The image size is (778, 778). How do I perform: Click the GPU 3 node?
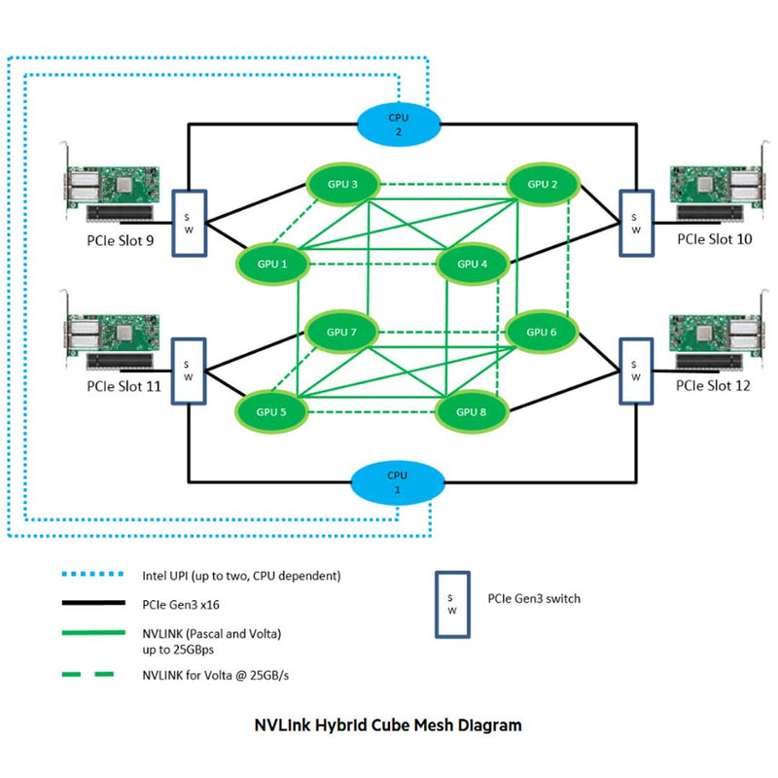(x=341, y=184)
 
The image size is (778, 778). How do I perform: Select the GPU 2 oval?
(x=543, y=184)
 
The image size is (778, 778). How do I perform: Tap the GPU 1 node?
(x=271, y=264)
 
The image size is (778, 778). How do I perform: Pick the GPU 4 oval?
(x=473, y=264)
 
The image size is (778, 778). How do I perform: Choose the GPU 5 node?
(x=271, y=411)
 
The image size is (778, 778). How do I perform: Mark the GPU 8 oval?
(x=473, y=411)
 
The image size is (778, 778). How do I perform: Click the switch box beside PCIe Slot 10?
(x=635, y=223)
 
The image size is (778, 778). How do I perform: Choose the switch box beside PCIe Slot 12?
(x=635, y=371)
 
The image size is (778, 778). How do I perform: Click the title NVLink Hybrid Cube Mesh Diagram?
(x=388, y=725)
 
